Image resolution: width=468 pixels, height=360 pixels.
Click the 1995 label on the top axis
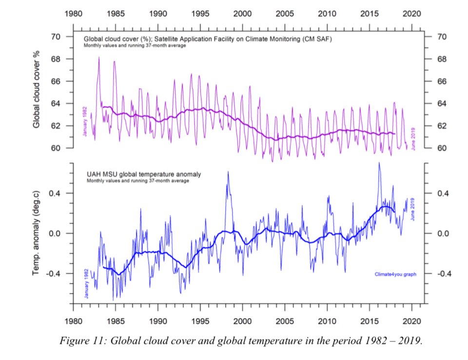[x=200, y=14]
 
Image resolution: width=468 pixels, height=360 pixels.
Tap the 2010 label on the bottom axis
[x=327, y=321]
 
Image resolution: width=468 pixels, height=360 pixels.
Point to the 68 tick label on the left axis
[x=56, y=59]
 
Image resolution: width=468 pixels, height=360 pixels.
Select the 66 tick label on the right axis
[x=442, y=81]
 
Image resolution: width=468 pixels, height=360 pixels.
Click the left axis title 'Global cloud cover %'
[x=36, y=89]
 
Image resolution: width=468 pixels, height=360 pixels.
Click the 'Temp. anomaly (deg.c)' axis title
[x=36, y=233]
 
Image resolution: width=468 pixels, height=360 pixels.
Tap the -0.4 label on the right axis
[x=445, y=274]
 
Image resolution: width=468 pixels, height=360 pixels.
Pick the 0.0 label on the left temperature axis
[x=55, y=233]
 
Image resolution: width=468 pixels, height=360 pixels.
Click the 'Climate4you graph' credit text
[x=395, y=274]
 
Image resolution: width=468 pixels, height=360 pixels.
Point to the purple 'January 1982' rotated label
[x=85, y=121]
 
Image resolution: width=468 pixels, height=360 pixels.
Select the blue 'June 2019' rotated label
[x=413, y=209]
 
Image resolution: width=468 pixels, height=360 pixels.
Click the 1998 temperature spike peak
[x=228, y=172]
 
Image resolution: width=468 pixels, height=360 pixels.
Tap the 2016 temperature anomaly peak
[x=379, y=163]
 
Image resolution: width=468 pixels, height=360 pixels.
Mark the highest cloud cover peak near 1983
[x=99, y=57]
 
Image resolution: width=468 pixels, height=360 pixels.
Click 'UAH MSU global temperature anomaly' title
[x=144, y=174]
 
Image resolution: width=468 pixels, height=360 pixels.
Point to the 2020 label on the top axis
[x=412, y=14]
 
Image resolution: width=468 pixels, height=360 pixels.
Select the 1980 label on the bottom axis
[x=74, y=321]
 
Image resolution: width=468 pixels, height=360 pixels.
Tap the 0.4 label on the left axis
[x=55, y=193]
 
